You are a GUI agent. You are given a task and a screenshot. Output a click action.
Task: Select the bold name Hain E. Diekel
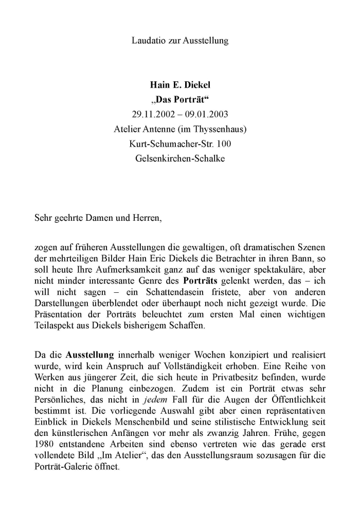179,85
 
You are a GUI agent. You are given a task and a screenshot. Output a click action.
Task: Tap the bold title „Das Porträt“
179,100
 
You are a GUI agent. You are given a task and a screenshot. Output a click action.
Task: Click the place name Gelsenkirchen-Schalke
179,159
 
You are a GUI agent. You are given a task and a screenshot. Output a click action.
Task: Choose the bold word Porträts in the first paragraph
201,280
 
